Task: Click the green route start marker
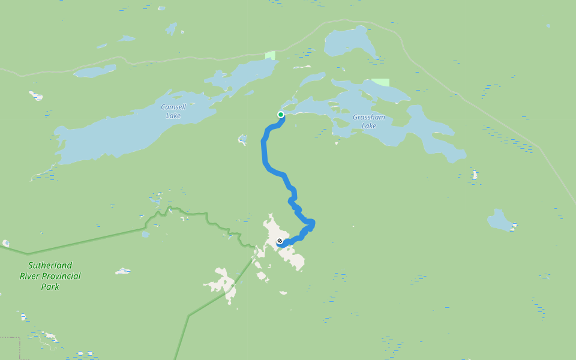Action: coord(281,115)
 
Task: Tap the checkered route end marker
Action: coord(280,241)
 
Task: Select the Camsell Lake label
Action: coord(173,111)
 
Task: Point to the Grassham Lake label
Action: coord(368,121)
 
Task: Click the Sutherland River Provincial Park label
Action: coord(50,276)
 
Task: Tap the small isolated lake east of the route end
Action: coord(500,221)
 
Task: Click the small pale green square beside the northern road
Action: coord(270,55)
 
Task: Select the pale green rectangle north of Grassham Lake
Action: coord(380,82)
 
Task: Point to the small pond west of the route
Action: coord(242,140)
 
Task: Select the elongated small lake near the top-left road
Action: coord(94,71)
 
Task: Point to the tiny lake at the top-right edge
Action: coord(548,26)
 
